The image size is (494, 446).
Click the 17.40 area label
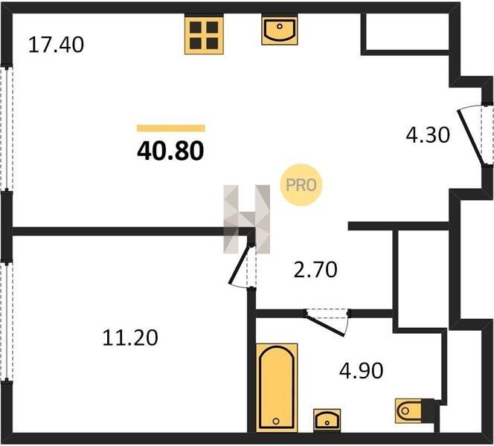pyautogui.click(x=56, y=45)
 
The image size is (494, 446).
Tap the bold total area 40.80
pyautogui.click(x=171, y=151)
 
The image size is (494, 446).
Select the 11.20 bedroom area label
pyautogui.click(x=130, y=337)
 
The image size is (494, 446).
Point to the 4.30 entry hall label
pyautogui.click(x=428, y=135)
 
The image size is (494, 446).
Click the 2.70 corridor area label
pyautogui.click(x=315, y=270)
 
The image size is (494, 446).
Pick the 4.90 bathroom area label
pyautogui.click(x=362, y=370)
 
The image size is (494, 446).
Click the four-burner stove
pyautogui.click(x=204, y=35)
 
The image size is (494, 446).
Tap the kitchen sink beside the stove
pyautogui.click(x=280, y=30)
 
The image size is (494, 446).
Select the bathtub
pyautogui.click(x=277, y=388)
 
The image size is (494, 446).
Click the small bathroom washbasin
pyautogui.click(x=327, y=420)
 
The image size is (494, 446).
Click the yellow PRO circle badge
pyautogui.click(x=301, y=185)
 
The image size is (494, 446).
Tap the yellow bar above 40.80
pyautogui.click(x=171, y=128)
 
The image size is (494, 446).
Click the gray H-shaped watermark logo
pyautogui.click(x=247, y=219)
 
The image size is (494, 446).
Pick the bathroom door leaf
pyautogui.click(x=325, y=325)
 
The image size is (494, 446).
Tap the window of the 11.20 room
pyautogui.click(x=6, y=321)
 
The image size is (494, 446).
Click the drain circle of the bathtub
pyautogui.click(x=276, y=421)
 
